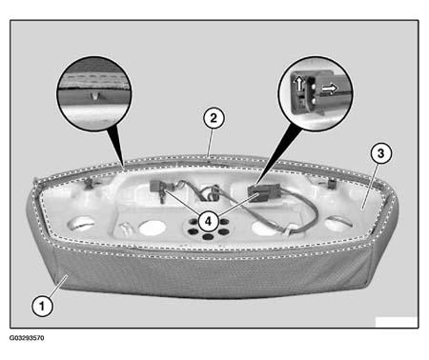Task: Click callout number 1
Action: [x=42, y=306]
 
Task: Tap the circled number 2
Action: [x=214, y=118]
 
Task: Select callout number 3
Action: [x=380, y=153]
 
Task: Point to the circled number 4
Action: [x=208, y=221]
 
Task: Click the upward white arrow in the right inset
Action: [x=298, y=84]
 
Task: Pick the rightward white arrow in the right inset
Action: [x=329, y=89]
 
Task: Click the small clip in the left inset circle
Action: [x=93, y=94]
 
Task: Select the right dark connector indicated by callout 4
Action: [x=264, y=191]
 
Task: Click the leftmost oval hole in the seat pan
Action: [x=81, y=224]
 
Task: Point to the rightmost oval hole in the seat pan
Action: [x=338, y=224]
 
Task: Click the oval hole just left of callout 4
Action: [x=153, y=228]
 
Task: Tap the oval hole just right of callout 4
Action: [x=264, y=229]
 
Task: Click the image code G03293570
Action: [x=27, y=338]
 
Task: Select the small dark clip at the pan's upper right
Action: [x=331, y=183]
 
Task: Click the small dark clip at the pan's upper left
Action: [x=89, y=183]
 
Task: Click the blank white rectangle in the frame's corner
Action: [x=397, y=322]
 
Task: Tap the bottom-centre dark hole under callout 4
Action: [x=207, y=237]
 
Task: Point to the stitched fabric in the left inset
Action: [x=94, y=79]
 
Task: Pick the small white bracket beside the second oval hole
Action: [x=124, y=229]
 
